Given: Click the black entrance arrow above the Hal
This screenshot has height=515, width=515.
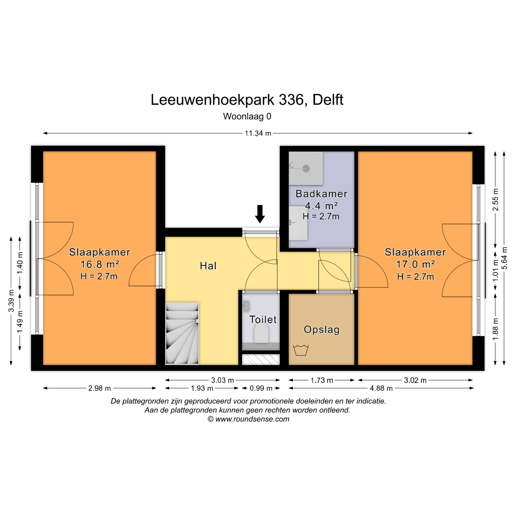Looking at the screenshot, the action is click(260, 214).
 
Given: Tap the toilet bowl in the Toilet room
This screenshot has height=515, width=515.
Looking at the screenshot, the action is click(261, 333).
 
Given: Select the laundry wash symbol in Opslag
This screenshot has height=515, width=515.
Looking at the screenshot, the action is click(301, 350).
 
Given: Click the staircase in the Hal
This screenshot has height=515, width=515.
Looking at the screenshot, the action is click(182, 333).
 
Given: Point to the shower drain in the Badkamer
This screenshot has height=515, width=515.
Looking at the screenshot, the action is click(306, 168).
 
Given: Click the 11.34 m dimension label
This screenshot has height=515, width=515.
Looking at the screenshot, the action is click(258, 133).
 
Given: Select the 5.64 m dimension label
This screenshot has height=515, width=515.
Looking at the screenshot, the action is click(504, 258).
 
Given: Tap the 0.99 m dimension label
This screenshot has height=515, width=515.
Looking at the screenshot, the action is click(261, 388).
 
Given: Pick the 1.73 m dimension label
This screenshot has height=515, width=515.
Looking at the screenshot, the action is click(322, 380).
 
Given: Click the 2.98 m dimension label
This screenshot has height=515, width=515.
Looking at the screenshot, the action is click(99, 388).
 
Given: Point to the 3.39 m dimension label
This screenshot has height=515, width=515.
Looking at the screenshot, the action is click(11, 301).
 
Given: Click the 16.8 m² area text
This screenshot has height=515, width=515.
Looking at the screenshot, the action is click(100, 264).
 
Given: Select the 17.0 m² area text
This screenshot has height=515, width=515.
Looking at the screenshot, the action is click(416, 264).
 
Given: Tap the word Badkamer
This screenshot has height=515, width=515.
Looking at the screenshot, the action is click(322, 194).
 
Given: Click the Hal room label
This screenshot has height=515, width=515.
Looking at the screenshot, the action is click(208, 266).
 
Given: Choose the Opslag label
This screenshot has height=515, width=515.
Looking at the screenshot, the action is click(322, 330).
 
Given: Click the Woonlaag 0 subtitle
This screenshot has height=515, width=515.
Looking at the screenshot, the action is click(247, 116).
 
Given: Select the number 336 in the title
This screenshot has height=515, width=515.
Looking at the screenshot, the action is click(291, 100).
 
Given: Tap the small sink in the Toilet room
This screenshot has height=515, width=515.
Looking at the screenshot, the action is click(246, 306).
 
